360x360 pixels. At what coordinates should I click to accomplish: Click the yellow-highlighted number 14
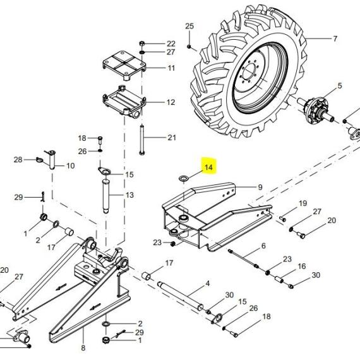click(x=208, y=167)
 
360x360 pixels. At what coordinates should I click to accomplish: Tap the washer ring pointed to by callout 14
click(x=183, y=178)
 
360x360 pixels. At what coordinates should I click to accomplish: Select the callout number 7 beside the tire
click(x=335, y=39)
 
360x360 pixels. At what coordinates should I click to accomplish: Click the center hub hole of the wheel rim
click(x=249, y=71)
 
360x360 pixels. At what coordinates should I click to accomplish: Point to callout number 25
click(x=189, y=26)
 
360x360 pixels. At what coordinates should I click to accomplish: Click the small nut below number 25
click(x=189, y=47)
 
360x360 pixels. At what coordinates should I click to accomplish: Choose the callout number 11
click(x=171, y=68)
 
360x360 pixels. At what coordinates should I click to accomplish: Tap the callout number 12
click(x=171, y=102)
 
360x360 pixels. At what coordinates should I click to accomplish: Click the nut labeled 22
click(x=142, y=43)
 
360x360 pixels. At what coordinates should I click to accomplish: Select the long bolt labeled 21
click(x=142, y=140)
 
